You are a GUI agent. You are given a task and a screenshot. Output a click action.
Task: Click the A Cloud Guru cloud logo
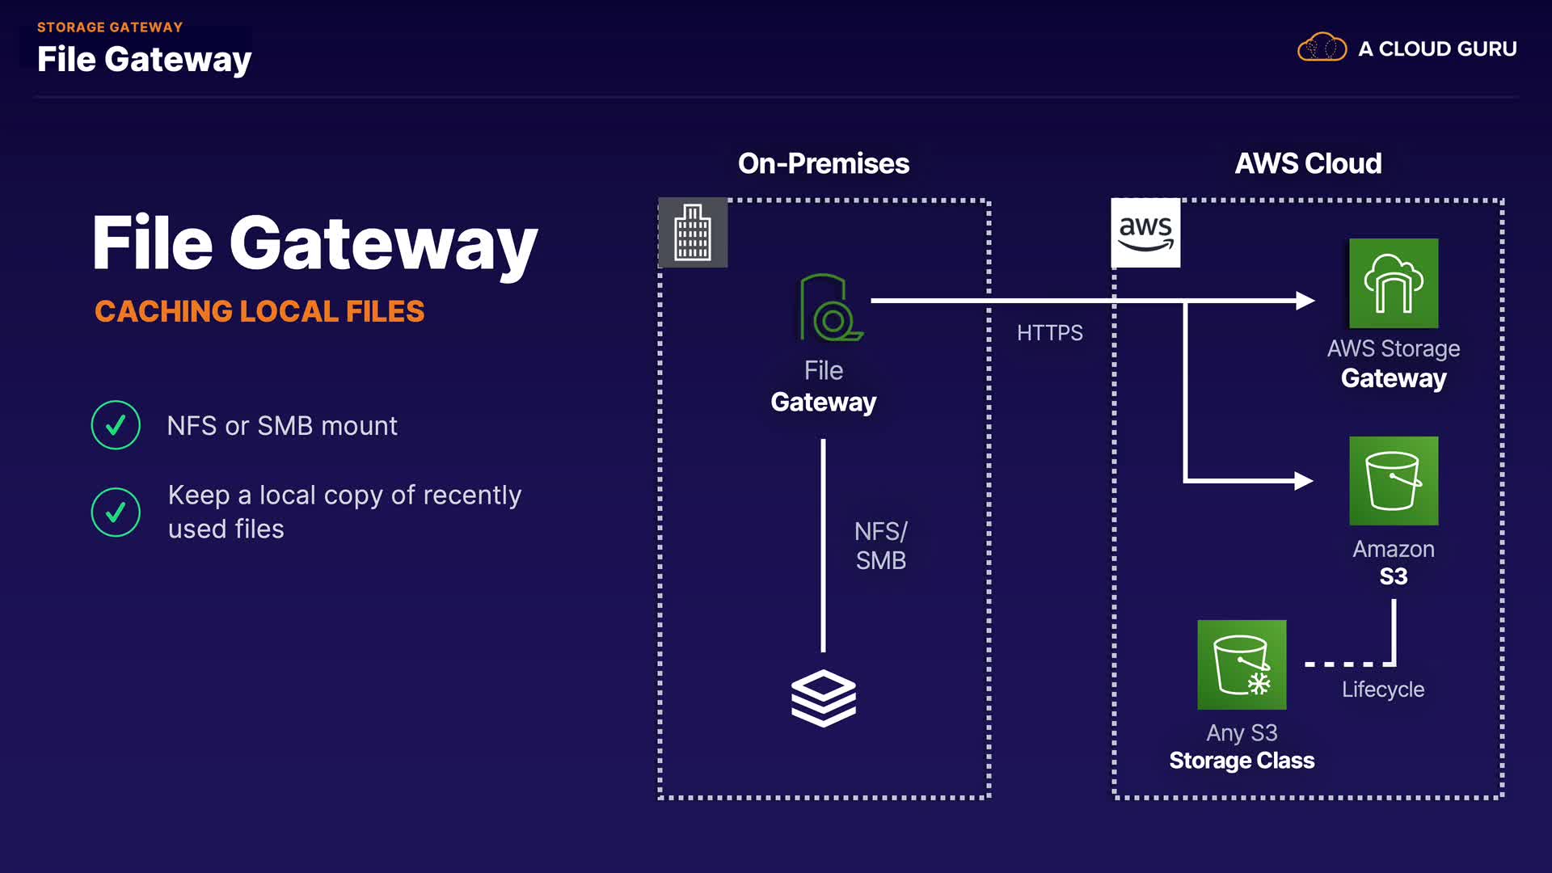click(x=1322, y=48)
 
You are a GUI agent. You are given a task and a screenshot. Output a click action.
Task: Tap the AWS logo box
click(x=1145, y=233)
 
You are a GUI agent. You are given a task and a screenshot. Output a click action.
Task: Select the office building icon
click(x=693, y=233)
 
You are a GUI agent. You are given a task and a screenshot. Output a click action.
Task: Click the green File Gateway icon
click(x=829, y=308)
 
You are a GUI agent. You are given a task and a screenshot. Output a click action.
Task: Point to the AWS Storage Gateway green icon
click(x=1394, y=283)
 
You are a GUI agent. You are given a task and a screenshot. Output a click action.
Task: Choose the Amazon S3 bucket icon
click(x=1394, y=481)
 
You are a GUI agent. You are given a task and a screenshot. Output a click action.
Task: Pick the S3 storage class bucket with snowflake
click(x=1242, y=664)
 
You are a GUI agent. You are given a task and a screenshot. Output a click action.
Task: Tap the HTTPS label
click(x=1049, y=333)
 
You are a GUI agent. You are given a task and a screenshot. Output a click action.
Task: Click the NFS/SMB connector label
click(x=881, y=546)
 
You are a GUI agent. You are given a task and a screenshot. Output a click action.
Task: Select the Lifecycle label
click(x=1382, y=690)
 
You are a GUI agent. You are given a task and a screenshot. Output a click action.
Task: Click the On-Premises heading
click(x=823, y=163)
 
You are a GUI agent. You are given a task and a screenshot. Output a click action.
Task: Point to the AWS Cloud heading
click(x=1308, y=163)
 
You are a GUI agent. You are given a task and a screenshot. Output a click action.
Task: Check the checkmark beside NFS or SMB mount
click(x=116, y=425)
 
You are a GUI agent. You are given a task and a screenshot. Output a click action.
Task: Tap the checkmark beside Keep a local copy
click(x=116, y=512)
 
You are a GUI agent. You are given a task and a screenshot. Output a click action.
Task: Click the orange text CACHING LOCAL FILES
click(x=259, y=311)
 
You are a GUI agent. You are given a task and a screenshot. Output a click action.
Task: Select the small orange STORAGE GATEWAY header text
click(x=110, y=27)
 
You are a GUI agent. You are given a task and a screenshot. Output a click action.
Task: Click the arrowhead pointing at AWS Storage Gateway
click(x=1305, y=301)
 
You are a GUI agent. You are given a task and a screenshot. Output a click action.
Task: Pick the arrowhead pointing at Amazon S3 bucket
click(x=1303, y=481)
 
